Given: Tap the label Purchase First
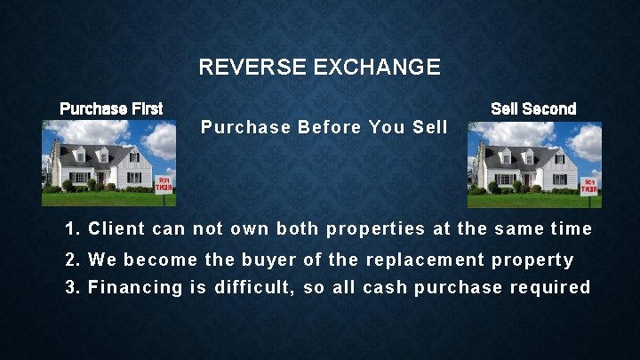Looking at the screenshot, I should click(111, 109).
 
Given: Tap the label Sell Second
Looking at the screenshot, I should click(533, 109).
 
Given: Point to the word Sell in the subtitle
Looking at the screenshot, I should click(430, 127).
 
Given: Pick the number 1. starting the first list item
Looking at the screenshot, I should click(73, 229).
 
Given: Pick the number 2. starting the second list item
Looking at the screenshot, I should click(73, 260).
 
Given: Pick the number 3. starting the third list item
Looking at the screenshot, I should click(73, 287).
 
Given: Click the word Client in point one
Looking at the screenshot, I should click(117, 229).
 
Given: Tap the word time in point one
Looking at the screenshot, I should click(571, 229).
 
